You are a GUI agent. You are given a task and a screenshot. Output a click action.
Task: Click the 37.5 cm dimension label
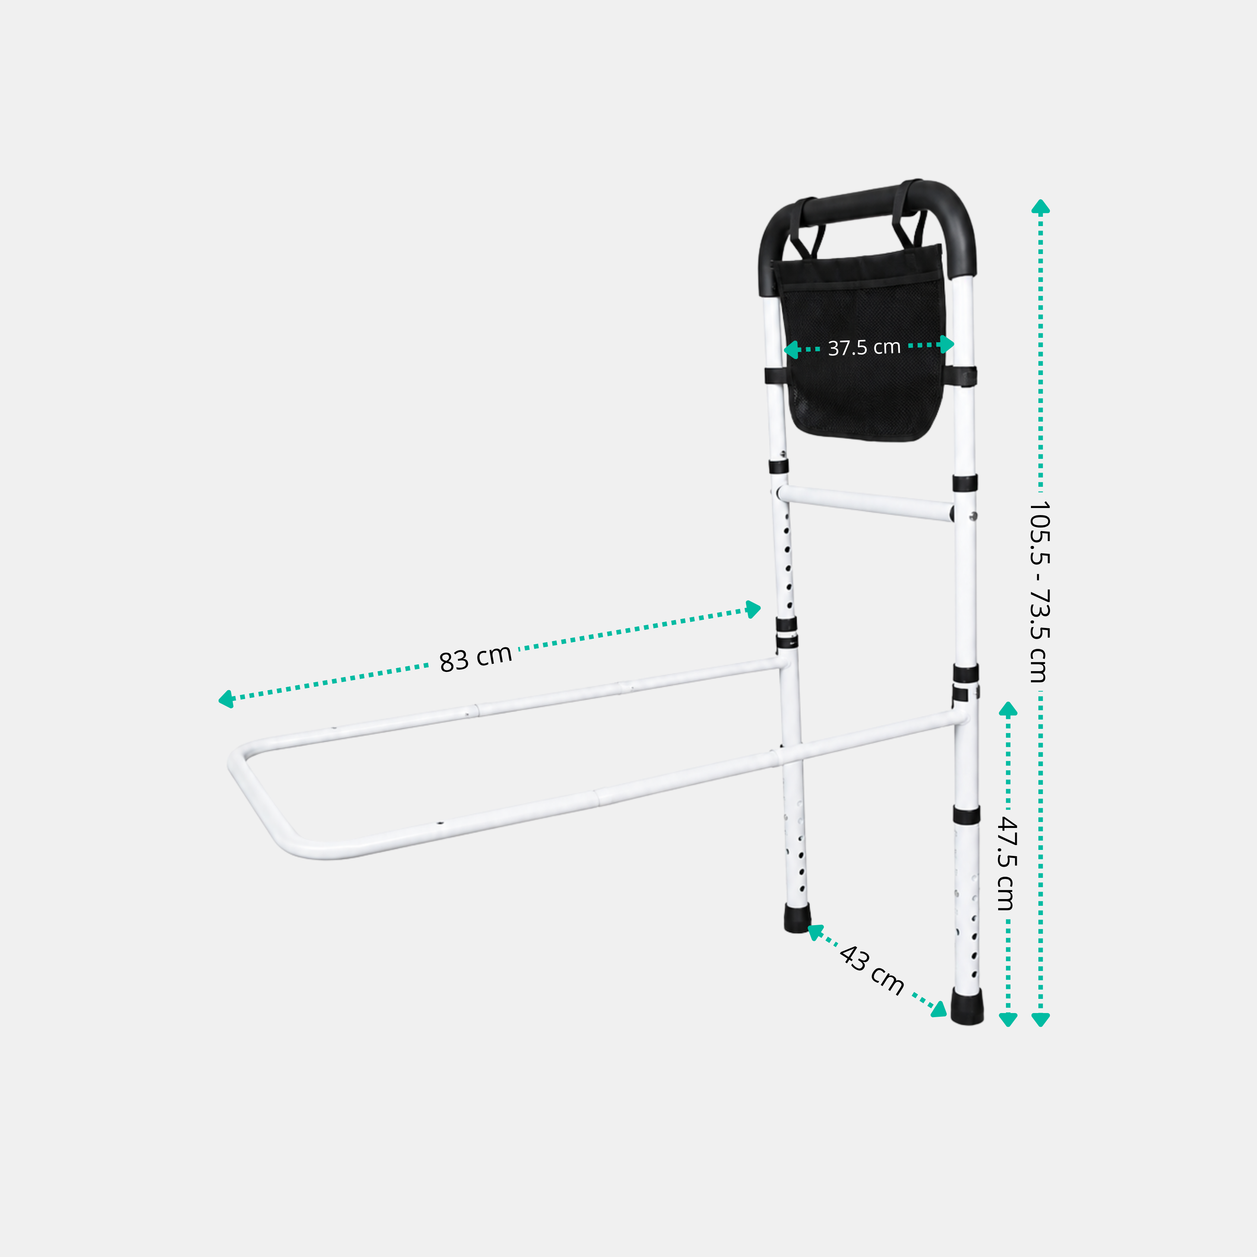864,347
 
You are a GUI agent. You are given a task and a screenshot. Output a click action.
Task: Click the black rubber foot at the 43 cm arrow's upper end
798,918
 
